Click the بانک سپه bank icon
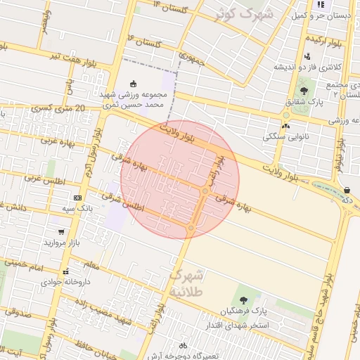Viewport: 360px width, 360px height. pos(77,198)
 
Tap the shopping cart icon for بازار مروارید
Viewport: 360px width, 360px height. pos(61,231)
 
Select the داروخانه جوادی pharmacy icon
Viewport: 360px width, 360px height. pos(65,271)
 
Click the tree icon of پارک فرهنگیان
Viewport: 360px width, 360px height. pos(244,300)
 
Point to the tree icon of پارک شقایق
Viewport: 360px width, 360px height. pos(304,91)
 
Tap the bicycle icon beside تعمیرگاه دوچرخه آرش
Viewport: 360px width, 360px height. pos(183,345)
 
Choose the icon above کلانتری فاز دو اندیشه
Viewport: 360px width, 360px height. pos(307,56)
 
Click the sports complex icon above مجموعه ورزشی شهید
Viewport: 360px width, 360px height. pos(134,84)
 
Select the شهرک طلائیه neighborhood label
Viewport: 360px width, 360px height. pos(186,282)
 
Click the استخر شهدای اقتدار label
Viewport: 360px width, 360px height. pos(232,325)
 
